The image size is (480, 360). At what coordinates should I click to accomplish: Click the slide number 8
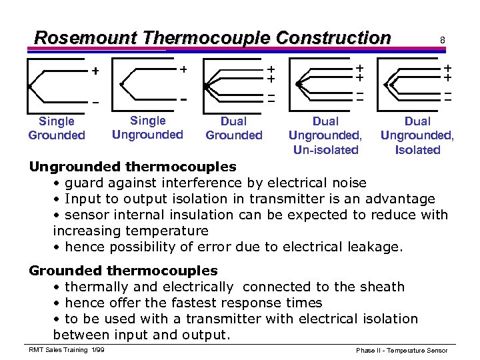(442, 41)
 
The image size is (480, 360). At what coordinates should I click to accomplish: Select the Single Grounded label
(57, 128)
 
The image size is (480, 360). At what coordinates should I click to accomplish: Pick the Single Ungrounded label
(147, 127)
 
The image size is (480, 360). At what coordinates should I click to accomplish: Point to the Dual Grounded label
(234, 128)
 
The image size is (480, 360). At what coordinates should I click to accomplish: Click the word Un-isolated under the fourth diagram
(325, 150)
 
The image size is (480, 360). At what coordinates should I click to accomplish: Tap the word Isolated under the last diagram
(417, 150)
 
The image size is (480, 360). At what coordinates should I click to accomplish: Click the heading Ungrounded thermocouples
(132, 166)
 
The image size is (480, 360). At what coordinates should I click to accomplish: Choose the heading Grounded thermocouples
(123, 271)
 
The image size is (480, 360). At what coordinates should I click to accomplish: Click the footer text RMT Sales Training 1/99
(65, 350)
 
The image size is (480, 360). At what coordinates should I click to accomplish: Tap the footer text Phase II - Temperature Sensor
(402, 351)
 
